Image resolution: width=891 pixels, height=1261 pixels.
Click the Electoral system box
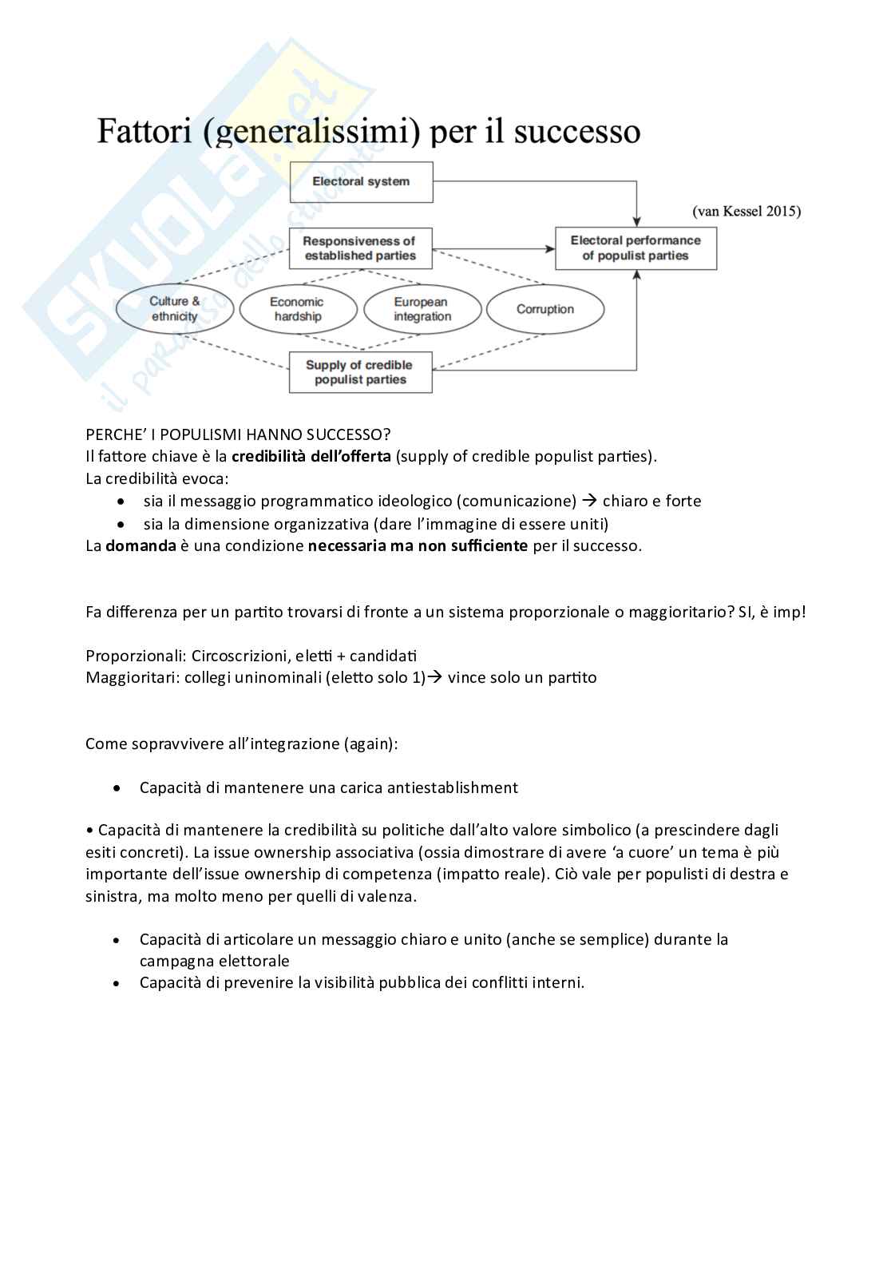(x=361, y=182)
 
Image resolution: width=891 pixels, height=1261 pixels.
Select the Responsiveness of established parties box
(x=360, y=248)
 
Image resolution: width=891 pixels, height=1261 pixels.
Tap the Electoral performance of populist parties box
(x=636, y=248)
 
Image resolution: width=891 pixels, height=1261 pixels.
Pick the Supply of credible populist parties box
(x=360, y=372)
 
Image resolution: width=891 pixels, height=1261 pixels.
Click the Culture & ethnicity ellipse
(x=175, y=309)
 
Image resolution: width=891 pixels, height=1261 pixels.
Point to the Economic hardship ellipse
(x=298, y=309)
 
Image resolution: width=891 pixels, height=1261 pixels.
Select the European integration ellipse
(x=422, y=309)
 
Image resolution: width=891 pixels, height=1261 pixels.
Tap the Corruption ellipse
(x=545, y=309)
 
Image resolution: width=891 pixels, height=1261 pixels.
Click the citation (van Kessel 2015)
(x=746, y=212)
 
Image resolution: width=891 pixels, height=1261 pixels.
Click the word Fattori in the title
(x=145, y=131)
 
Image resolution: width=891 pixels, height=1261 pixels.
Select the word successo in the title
(x=577, y=131)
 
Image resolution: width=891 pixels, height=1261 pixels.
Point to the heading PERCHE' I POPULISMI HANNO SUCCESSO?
(x=238, y=434)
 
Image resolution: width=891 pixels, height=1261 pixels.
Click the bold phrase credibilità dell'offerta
(x=311, y=457)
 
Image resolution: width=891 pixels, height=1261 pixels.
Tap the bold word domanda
(x=141, y=546)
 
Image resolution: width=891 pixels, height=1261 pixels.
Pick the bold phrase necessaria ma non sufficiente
(x=418, y=546)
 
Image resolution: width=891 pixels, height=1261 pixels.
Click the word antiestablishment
(x=452, y=788)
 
